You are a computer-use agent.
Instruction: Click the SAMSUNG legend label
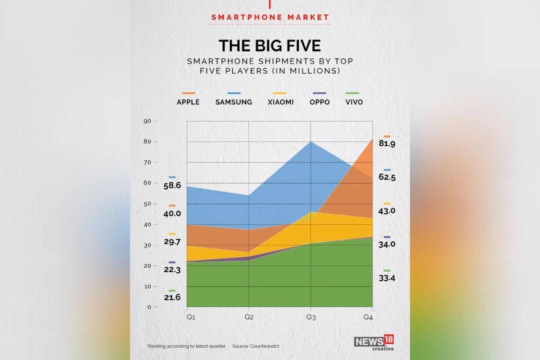234,102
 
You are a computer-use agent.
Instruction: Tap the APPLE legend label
188,102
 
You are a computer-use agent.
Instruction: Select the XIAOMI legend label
280,102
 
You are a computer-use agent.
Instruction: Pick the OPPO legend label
319,102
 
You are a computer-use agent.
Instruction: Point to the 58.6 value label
172,185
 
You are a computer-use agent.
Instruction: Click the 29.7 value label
172,242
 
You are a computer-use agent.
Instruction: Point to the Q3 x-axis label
311,317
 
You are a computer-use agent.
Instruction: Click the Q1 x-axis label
191,317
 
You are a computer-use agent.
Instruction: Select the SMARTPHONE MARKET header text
270,18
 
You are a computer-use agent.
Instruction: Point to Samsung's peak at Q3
311,142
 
